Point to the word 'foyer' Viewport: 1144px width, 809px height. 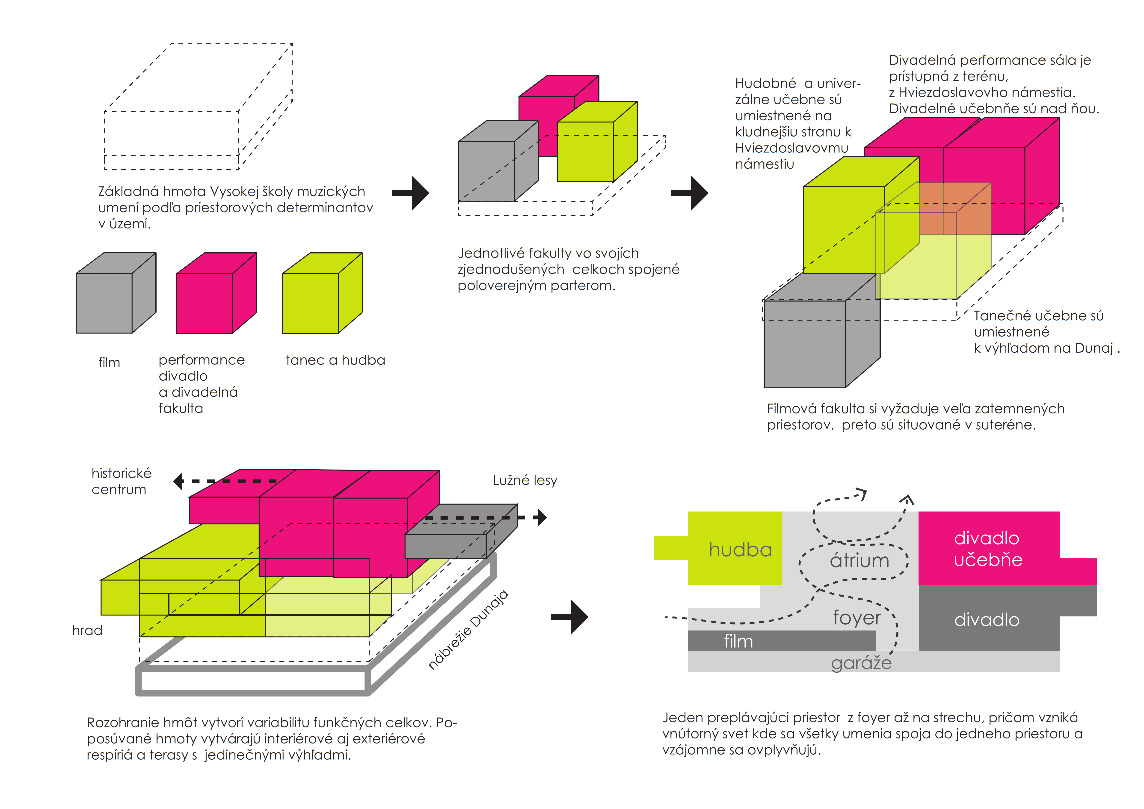pyautogui.click(x=857, y=618)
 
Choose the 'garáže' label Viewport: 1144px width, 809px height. pyautogui.click(x=861, y=663)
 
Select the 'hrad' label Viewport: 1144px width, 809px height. pyautogui.click(x=87, y=631)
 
